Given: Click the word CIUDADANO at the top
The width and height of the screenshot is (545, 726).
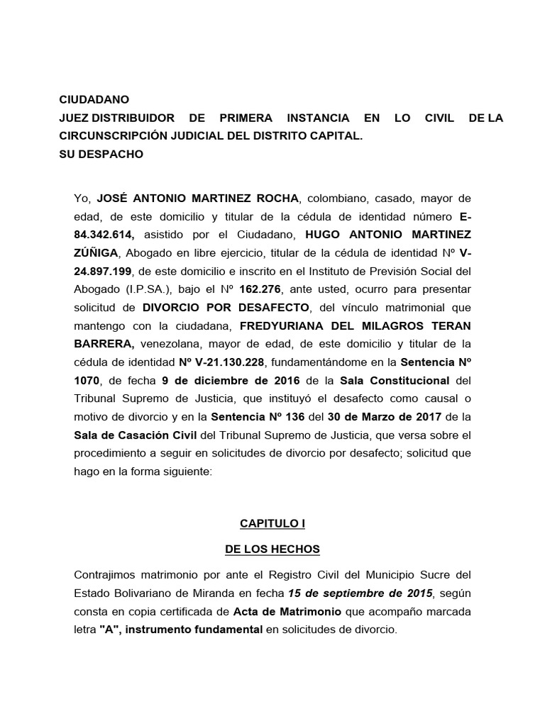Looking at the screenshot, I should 95,100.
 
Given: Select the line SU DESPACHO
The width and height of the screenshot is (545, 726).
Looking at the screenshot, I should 101,154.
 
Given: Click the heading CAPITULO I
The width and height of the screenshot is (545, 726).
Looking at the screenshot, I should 272,524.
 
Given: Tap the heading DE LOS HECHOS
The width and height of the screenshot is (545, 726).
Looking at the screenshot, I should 272,549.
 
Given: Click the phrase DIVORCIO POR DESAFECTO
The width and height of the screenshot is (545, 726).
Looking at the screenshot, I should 226,308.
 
